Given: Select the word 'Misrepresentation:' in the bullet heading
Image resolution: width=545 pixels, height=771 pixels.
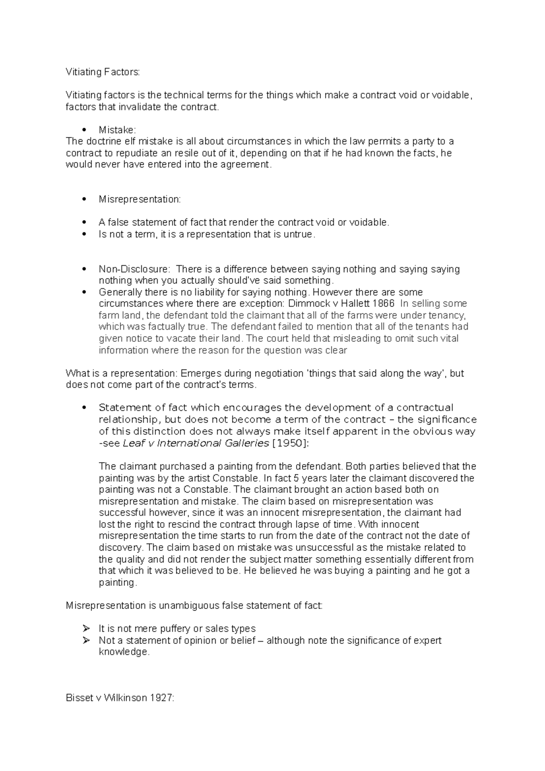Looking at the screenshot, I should pyautogui.click(x=139, y=199).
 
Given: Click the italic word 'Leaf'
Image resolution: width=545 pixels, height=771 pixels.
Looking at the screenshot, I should pyautogui.click(x=134, y=443).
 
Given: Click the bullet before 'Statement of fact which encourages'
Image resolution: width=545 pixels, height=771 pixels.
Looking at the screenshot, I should pyautogui.click(x=83, y=408).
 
